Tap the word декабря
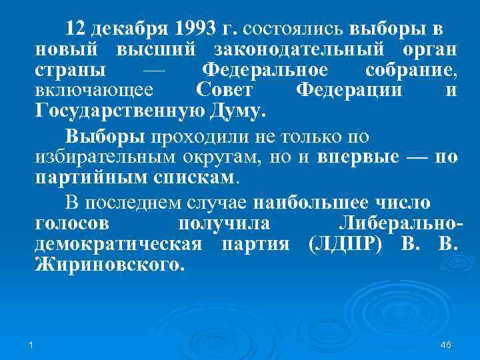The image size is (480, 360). tap(130, 29)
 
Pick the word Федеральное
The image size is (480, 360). tap(265, 70)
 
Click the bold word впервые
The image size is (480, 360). tap(359, 157)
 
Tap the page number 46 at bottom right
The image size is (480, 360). tap(447, 344)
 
